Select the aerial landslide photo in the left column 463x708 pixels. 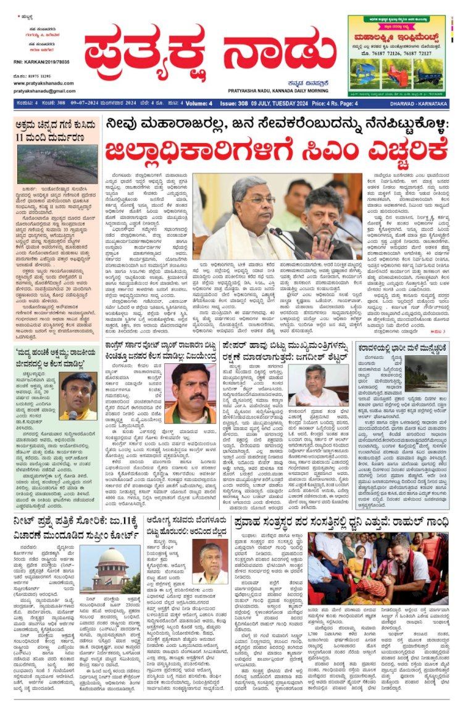(x=57, y=164)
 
